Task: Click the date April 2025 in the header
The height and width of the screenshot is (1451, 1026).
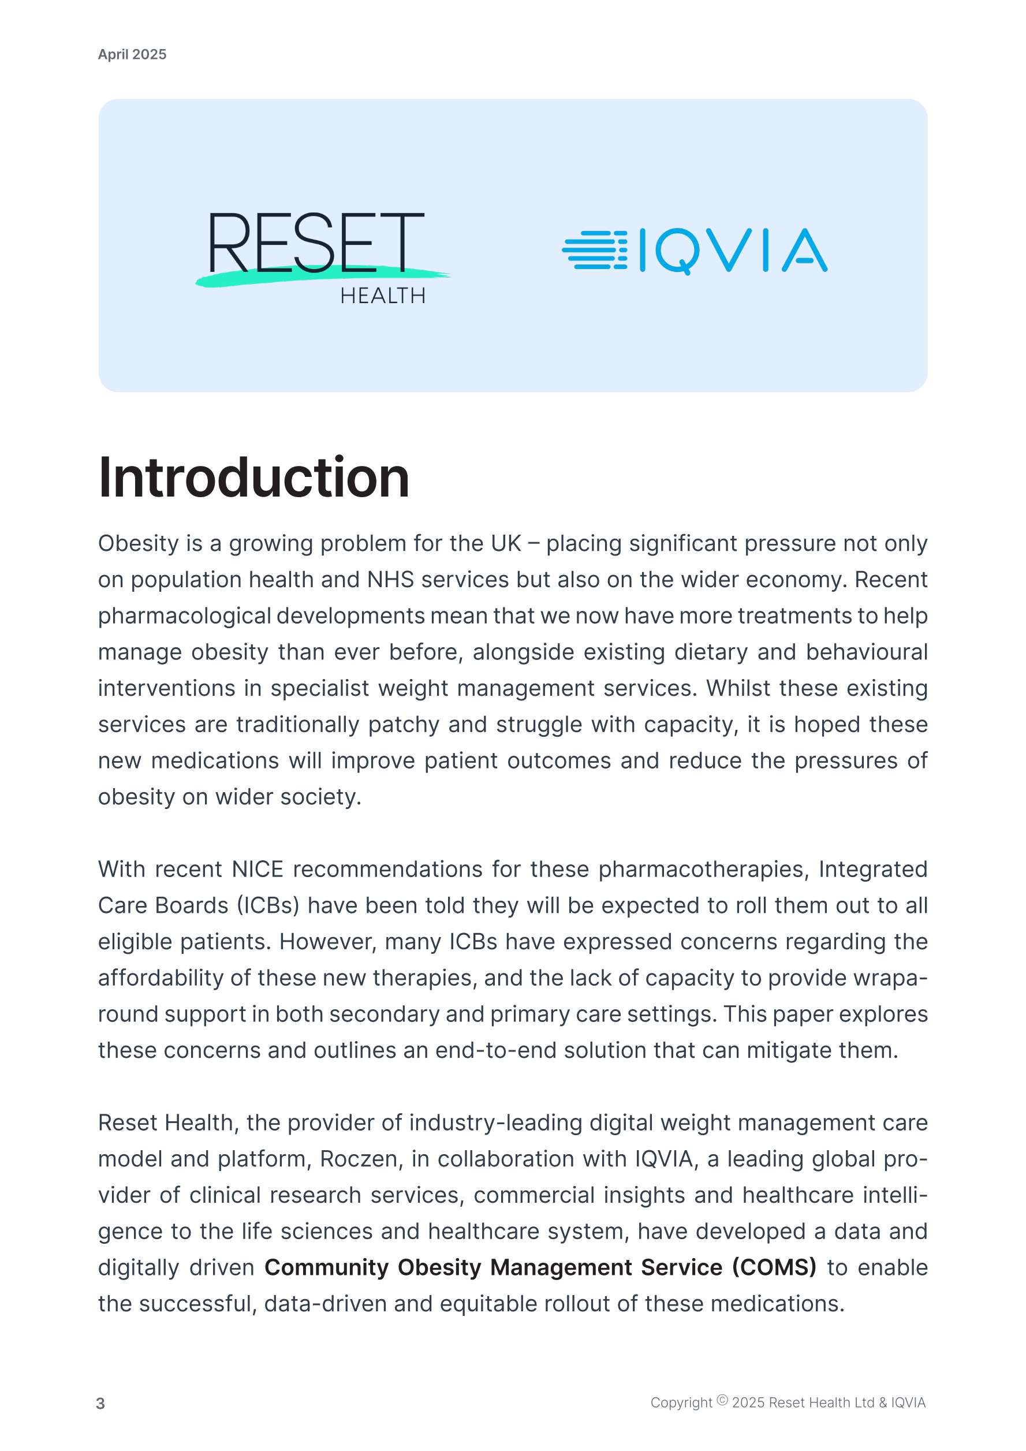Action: [x=132, y=54]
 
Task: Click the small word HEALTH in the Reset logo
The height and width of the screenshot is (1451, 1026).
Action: [x=383, y=296]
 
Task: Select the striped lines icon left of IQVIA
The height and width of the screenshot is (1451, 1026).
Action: [x=594, y=250]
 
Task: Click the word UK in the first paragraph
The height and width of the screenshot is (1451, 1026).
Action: [x=505, y=543]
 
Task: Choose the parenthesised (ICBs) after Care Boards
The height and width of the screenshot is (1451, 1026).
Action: [x=268, y=905]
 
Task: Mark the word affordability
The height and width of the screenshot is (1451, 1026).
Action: [x=161, y=978]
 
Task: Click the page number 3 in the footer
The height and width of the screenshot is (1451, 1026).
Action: [x=100, y=1404]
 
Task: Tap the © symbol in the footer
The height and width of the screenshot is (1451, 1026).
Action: [x=722, y=1400]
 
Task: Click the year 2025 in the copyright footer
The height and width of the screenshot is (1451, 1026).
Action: [x=748, y=1403]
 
